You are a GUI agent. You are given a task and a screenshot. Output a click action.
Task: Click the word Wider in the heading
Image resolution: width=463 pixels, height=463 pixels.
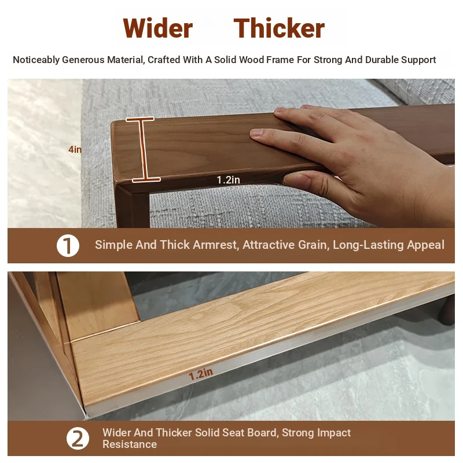click(x=157, y=28)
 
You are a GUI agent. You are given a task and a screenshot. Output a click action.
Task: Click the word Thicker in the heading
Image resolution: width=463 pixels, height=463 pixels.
click(x=279, y=28)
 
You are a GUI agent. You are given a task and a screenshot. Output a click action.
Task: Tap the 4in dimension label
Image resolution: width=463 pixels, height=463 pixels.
click(x=75, y=149)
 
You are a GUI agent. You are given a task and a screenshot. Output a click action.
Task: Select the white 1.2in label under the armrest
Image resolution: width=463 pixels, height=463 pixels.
click(x=228, y=179)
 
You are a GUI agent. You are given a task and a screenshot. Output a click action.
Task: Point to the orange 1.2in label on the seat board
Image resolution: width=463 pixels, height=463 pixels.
click(x=201, y=374)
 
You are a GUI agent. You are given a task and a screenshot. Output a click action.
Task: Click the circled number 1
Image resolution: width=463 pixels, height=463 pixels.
click(x=68, y=245)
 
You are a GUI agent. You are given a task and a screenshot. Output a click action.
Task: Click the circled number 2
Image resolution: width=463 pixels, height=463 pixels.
click(x=78, y=439)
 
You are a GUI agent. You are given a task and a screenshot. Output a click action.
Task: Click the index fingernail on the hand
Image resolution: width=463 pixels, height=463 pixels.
click(x=257, y=133)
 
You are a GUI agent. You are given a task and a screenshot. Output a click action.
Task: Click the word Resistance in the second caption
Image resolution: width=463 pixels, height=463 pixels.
click(x=130, y=444)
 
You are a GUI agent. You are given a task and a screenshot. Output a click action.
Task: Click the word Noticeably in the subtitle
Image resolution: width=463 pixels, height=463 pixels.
click(x=36, y=60)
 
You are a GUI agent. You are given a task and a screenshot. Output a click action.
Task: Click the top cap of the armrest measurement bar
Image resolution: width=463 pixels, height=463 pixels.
click(x=140, y=119)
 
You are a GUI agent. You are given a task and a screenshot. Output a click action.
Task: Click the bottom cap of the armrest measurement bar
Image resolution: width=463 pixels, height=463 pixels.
click(x=146, y=179)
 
